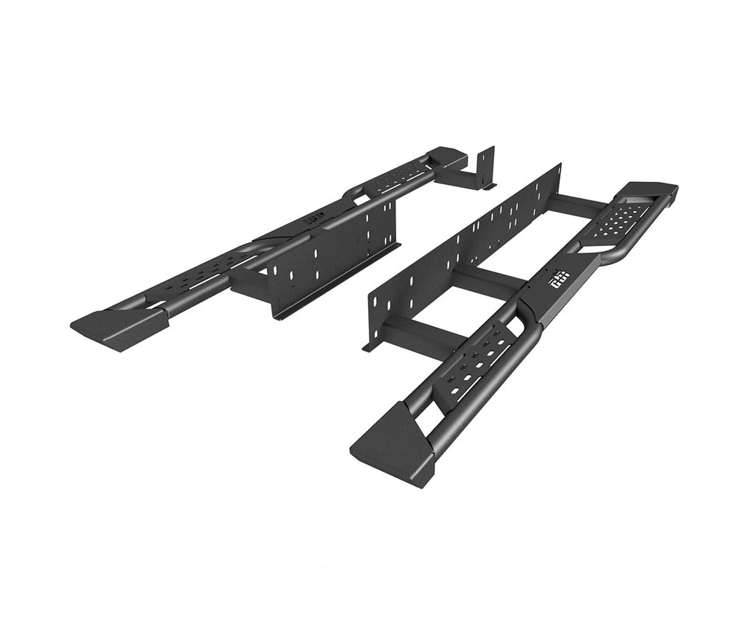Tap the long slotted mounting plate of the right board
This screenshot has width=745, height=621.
tap(466, 240)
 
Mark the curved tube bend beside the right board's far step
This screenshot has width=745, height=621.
tap(615, 254)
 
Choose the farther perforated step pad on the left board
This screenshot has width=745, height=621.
tap(397, 175)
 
